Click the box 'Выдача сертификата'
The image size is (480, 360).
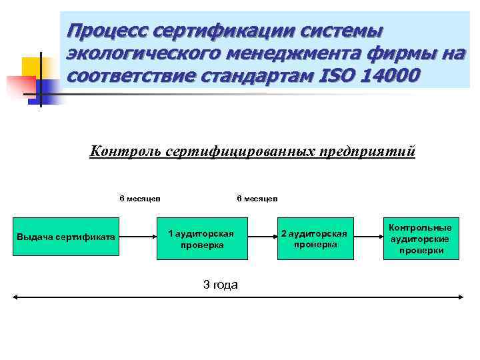tap(66, 237)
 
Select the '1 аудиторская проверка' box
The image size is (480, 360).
tap(201, 239)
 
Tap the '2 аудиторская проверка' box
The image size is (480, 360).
tap(314, 239)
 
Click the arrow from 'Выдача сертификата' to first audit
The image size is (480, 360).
tap(137, 237)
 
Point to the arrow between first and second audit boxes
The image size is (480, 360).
tap(259, 237)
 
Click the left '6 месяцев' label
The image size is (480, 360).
tap(139, 198)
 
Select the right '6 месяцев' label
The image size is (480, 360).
tap(257, 198)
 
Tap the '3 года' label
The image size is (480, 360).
tap(220, 285)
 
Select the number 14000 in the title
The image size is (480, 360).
tap(393, 75)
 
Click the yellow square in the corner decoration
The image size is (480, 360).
tap(31, 67)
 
